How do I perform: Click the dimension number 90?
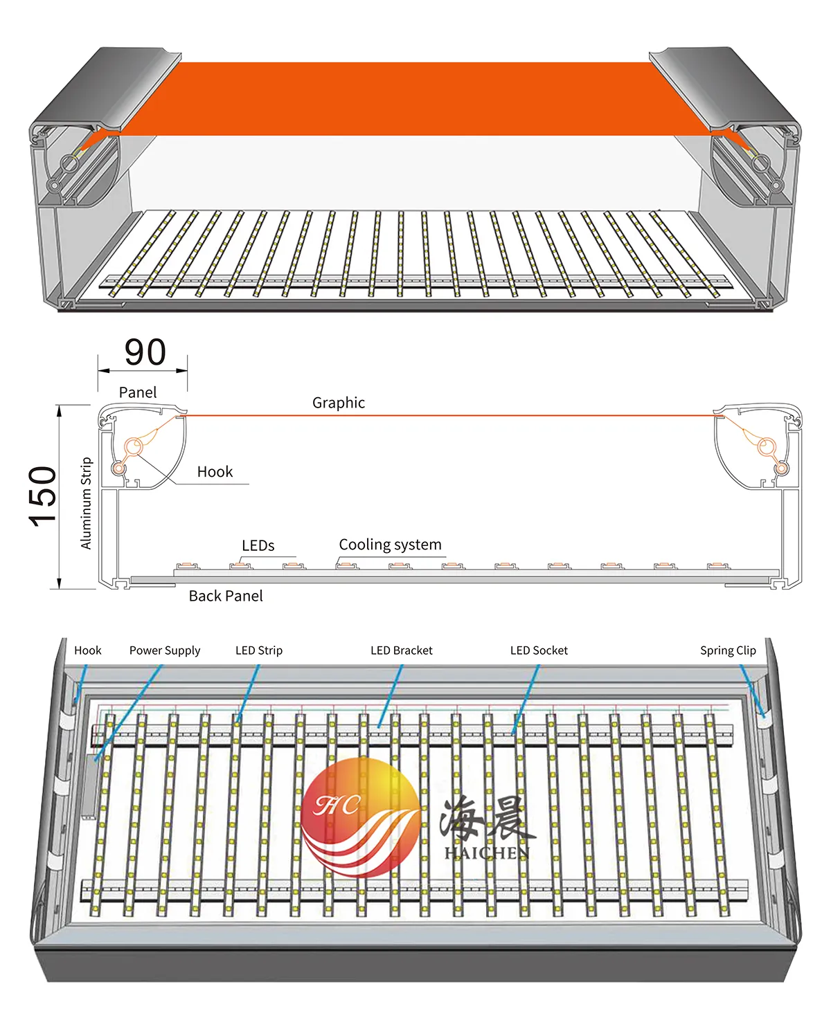tap(145, 352)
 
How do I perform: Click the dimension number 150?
tap(43, 496)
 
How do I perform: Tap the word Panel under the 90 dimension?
tap(138, 392)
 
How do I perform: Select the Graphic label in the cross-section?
tap(338, 403)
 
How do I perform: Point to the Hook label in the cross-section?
tap(215, 472)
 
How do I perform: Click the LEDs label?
tap(258, 546)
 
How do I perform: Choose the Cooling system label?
tap(390, 545)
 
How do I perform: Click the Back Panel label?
tap(226, 596)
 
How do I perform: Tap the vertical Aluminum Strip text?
tap(87, 503)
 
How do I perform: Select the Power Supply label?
tap(165, 650)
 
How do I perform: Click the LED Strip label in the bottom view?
tap(259, 650)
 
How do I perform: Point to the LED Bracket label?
tap(401, 650)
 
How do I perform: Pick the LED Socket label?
tap(539, 650)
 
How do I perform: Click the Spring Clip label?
tap(728, 650)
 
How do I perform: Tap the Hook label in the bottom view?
tap(88, 650)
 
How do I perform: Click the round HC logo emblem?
tap(360, 817)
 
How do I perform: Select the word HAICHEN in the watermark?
tap(487, 853)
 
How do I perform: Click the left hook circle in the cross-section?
tap(135, 446)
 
